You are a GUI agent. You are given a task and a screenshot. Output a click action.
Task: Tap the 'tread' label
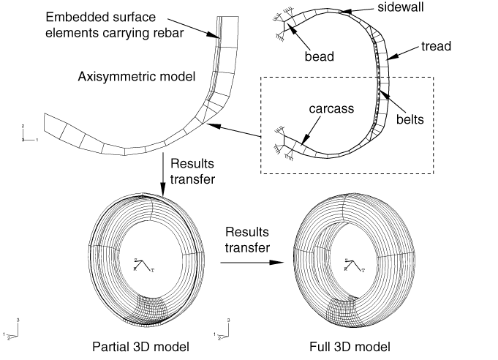[x=436, y=46]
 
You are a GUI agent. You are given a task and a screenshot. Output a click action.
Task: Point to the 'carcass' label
[x=331, y=108]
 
